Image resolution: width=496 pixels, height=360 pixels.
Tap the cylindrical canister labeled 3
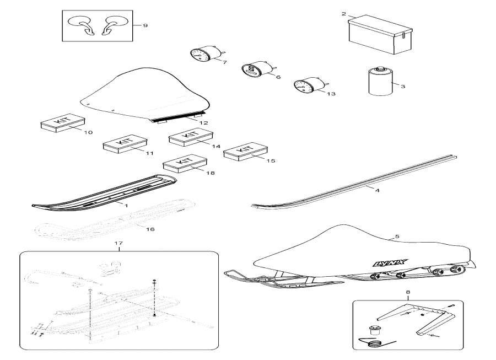[x=379, y=81]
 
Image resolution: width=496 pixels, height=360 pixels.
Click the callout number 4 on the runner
[x=377, y=191]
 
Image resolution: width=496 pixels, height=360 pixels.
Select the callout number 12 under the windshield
[x=203, y=122]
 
